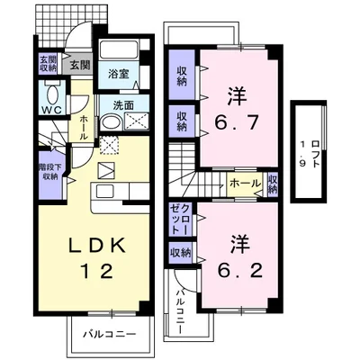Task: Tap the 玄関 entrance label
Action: (x=80, y=65)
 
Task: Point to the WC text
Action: (x=49, y=112)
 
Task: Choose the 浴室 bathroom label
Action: (x=118, y=73)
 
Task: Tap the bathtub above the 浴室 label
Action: (x=118, y=52)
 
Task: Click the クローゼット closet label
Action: (x=179, y=219)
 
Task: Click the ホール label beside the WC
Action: (x=82, y=127)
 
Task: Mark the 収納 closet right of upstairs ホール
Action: (x=272, y=184)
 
